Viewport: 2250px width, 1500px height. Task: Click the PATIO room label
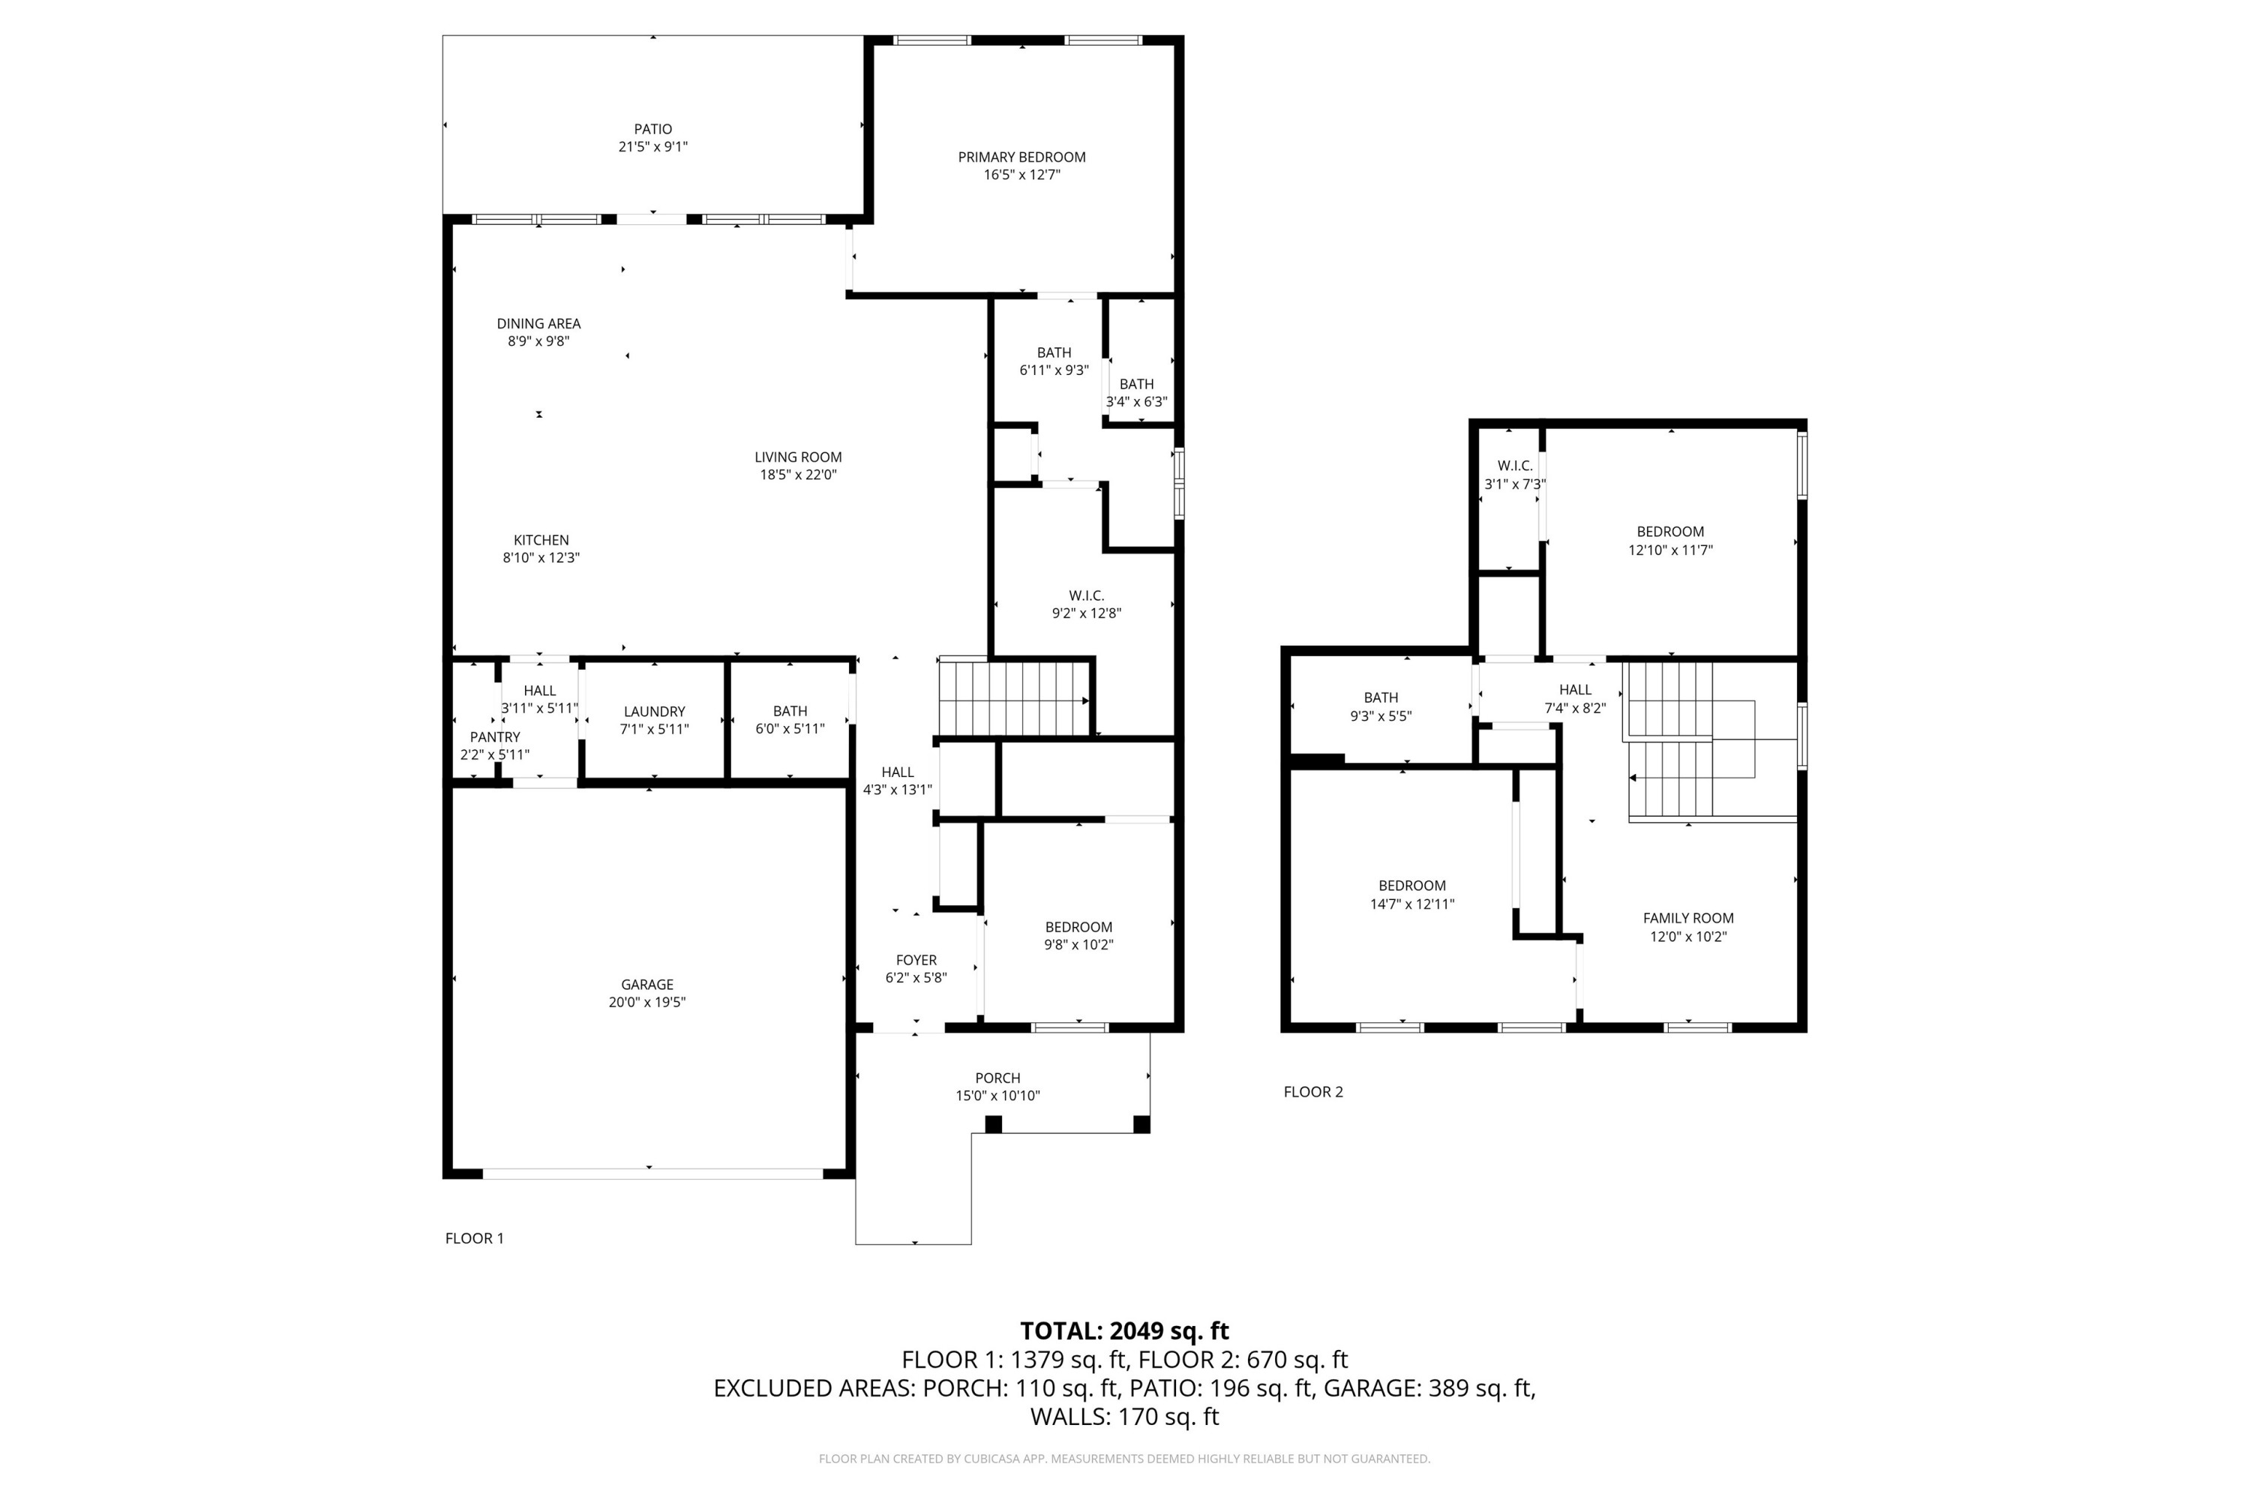[652, 129]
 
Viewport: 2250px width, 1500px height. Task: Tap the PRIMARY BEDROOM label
[1021, 157]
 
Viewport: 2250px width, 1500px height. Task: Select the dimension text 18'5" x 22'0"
[798, 475]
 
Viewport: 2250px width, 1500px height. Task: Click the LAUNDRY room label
[654, 712]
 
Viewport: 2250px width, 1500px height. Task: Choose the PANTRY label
[494, 737]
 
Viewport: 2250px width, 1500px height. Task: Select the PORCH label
[997, 1078]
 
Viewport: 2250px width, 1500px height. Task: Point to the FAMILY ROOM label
[1687, 918]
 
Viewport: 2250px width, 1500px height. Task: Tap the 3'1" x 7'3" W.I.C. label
[1514, 475]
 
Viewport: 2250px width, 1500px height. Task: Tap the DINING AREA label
[538, 324]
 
